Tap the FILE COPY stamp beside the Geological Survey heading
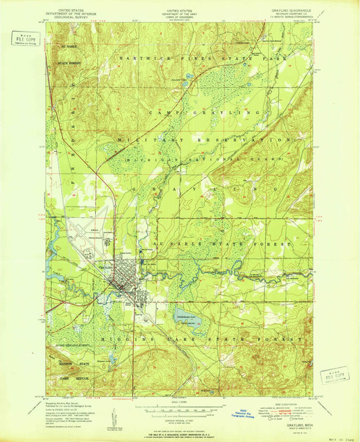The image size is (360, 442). (x=20, y=38)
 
